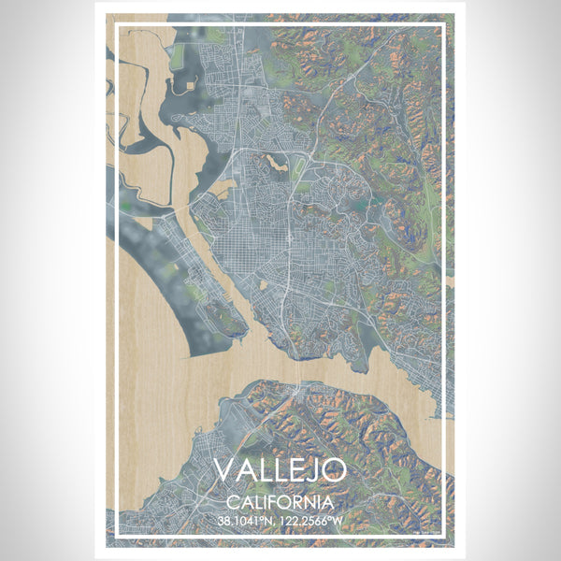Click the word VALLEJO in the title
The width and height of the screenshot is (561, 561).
pyautogui.click(x=280, y=470)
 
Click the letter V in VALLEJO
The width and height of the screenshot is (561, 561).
pyautogui.click(x=224, y=470)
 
